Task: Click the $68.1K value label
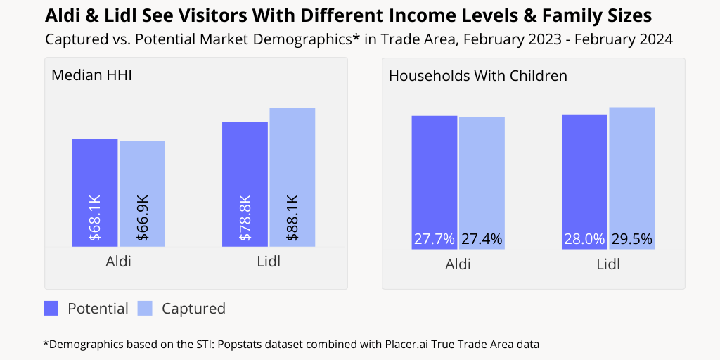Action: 95,218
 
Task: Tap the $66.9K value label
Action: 142,218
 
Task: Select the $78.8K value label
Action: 245,218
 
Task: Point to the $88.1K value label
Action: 292,218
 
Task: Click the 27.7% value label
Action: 434,239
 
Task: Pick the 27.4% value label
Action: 482,239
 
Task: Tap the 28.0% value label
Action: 584,239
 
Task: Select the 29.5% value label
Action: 631,239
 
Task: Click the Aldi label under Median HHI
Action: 118,262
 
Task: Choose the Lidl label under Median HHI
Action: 269,262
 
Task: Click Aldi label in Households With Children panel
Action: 458,264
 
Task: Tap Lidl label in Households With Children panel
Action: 608,264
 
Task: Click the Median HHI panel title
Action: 91,75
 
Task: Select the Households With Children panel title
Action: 477,75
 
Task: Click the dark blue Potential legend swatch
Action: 51,308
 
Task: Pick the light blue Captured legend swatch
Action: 145,308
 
